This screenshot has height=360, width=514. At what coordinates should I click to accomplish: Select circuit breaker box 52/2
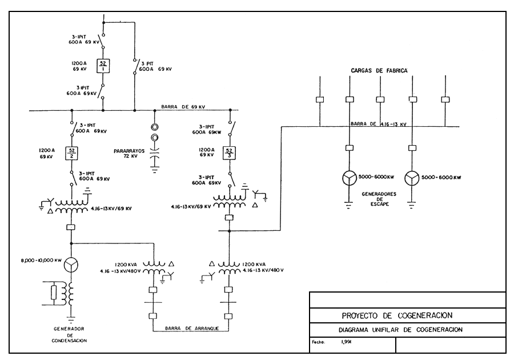click(73, 153)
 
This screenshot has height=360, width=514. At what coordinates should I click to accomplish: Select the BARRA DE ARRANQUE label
click(192, 327)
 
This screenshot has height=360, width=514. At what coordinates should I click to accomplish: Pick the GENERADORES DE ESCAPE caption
click(375, 199)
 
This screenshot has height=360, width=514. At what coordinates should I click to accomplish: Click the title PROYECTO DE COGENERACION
click(398, 315)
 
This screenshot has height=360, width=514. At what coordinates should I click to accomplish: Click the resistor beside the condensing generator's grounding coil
click(54, 292)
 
